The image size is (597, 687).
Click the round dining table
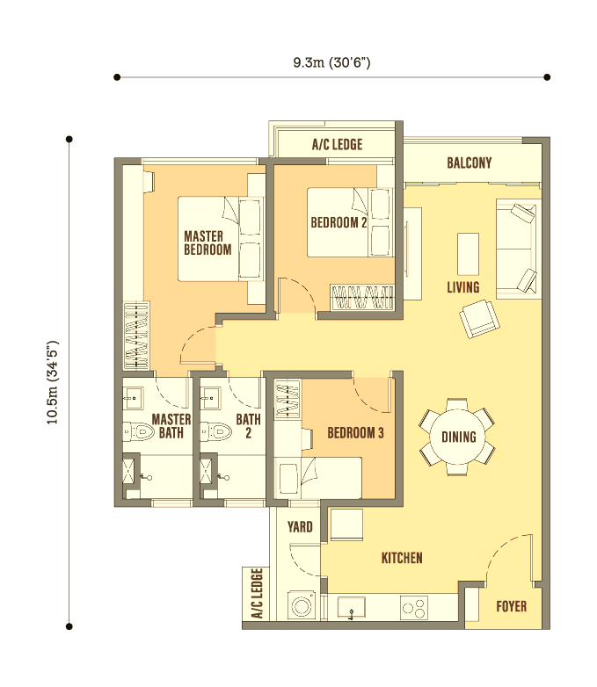(x=458, y=437)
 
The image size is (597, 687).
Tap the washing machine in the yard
(x=302, y=605)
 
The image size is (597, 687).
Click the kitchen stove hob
(x=414, y=608)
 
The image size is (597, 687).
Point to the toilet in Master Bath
(x=138, y=432)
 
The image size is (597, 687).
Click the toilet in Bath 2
(x=215, y=432)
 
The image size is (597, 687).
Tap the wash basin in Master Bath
(x=133, y=398)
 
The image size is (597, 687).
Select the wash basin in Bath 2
(x=210, y=398)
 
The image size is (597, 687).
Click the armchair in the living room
(x=479, y=319)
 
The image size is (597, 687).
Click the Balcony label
(x=469, y=163)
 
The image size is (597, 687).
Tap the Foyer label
(x=511, y=606)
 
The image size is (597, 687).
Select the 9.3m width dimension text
(x=331, y=62)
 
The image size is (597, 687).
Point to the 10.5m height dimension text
(x=53, y=382)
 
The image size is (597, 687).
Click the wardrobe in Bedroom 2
(x=362, y=298)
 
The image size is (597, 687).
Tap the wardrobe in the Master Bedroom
(x=136, y=336)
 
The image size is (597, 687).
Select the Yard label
(x=300, y=526)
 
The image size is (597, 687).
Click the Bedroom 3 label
(x=355, y=433)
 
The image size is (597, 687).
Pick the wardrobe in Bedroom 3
(x=288, y=398)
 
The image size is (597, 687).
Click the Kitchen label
(x=402, y=558)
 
